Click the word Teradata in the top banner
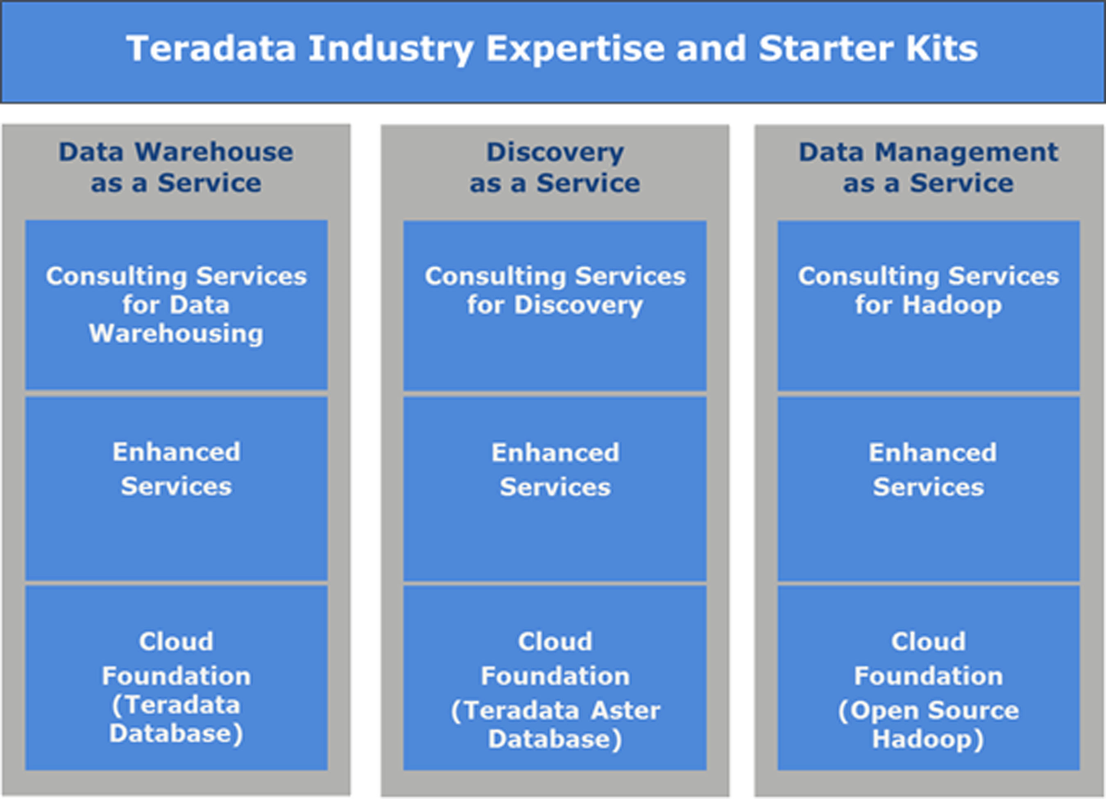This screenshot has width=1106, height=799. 211,48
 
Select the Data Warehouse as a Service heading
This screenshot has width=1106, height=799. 176,167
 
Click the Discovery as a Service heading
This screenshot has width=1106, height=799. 555,167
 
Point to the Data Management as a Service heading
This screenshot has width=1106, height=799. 929,167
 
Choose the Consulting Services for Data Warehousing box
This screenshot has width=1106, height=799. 177,305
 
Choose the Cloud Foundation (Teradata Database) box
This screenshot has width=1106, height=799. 177,678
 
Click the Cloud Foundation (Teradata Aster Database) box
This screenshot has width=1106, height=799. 555,678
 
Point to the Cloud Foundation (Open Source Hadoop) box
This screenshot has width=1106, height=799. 929,678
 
